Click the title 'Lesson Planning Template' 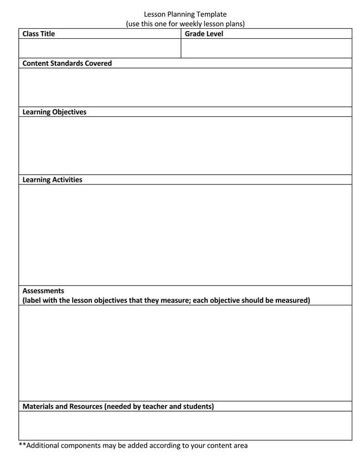[185, 14]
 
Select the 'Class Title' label [39, 34]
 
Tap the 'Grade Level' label [204, 34]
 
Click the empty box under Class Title [100, 48]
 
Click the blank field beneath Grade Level [266, 48]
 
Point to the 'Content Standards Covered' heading [67, 63]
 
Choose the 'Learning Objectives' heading [54, 112]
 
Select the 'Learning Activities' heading [52, 180]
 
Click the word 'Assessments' [43, 290]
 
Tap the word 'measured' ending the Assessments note [291, 300]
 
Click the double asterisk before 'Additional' [22, 445]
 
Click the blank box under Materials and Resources [185, 426]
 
